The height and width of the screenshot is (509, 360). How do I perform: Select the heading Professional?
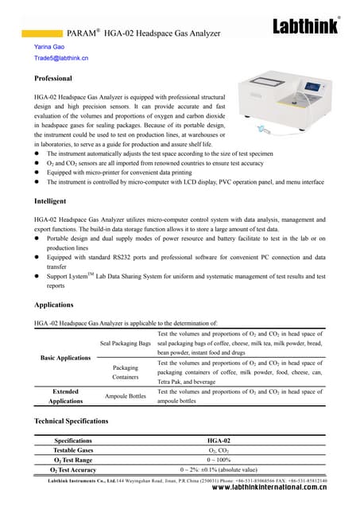[x=53, y=79]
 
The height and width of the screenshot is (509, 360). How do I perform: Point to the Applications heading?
[x=55, y=305]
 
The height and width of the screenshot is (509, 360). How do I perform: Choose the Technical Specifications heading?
[x=72, y=420]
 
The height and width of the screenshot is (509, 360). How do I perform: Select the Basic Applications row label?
[x=65, y=358]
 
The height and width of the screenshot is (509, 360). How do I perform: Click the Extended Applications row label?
[x=65, y=396]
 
